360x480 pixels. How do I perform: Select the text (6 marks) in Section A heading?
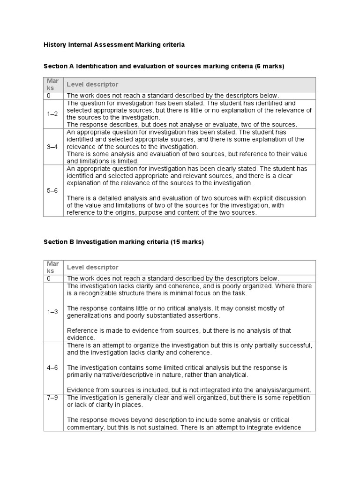point(270,67)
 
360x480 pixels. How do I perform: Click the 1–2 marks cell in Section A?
point(53,114)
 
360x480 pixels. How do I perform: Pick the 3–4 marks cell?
point(53,147)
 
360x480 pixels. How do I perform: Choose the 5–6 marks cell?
point(53,191)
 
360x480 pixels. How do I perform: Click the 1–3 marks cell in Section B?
point(53,312)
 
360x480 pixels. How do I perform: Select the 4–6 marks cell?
point(53,367)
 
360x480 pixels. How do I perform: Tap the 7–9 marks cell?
point(53,397)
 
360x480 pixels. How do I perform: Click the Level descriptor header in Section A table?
point(92,84)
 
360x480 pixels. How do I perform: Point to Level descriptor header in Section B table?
point(92,267)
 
